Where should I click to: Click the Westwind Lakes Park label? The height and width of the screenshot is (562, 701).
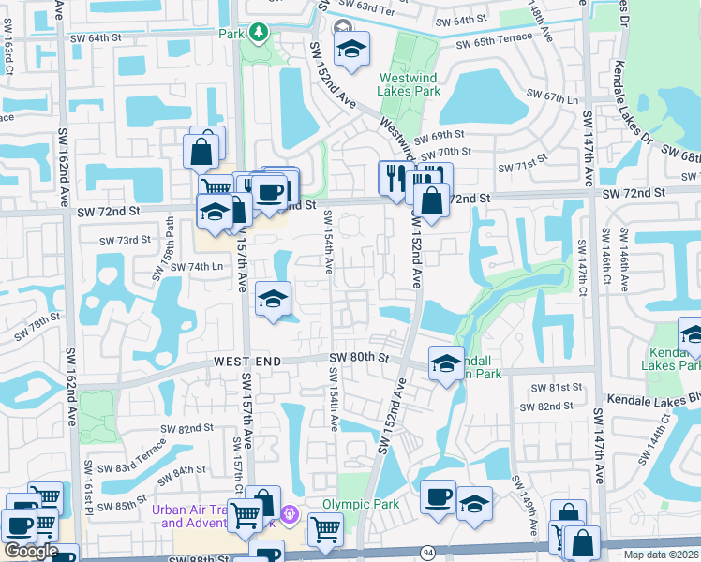409,85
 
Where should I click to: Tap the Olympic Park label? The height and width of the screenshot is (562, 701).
361,504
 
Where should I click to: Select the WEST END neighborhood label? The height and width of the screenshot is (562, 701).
246,361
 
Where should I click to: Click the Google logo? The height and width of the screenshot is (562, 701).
31,551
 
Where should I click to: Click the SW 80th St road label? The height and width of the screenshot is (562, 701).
359,358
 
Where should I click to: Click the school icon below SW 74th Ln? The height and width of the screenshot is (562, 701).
273,299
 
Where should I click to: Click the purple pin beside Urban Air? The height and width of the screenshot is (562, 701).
290,514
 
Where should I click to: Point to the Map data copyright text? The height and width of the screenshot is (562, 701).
663,555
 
